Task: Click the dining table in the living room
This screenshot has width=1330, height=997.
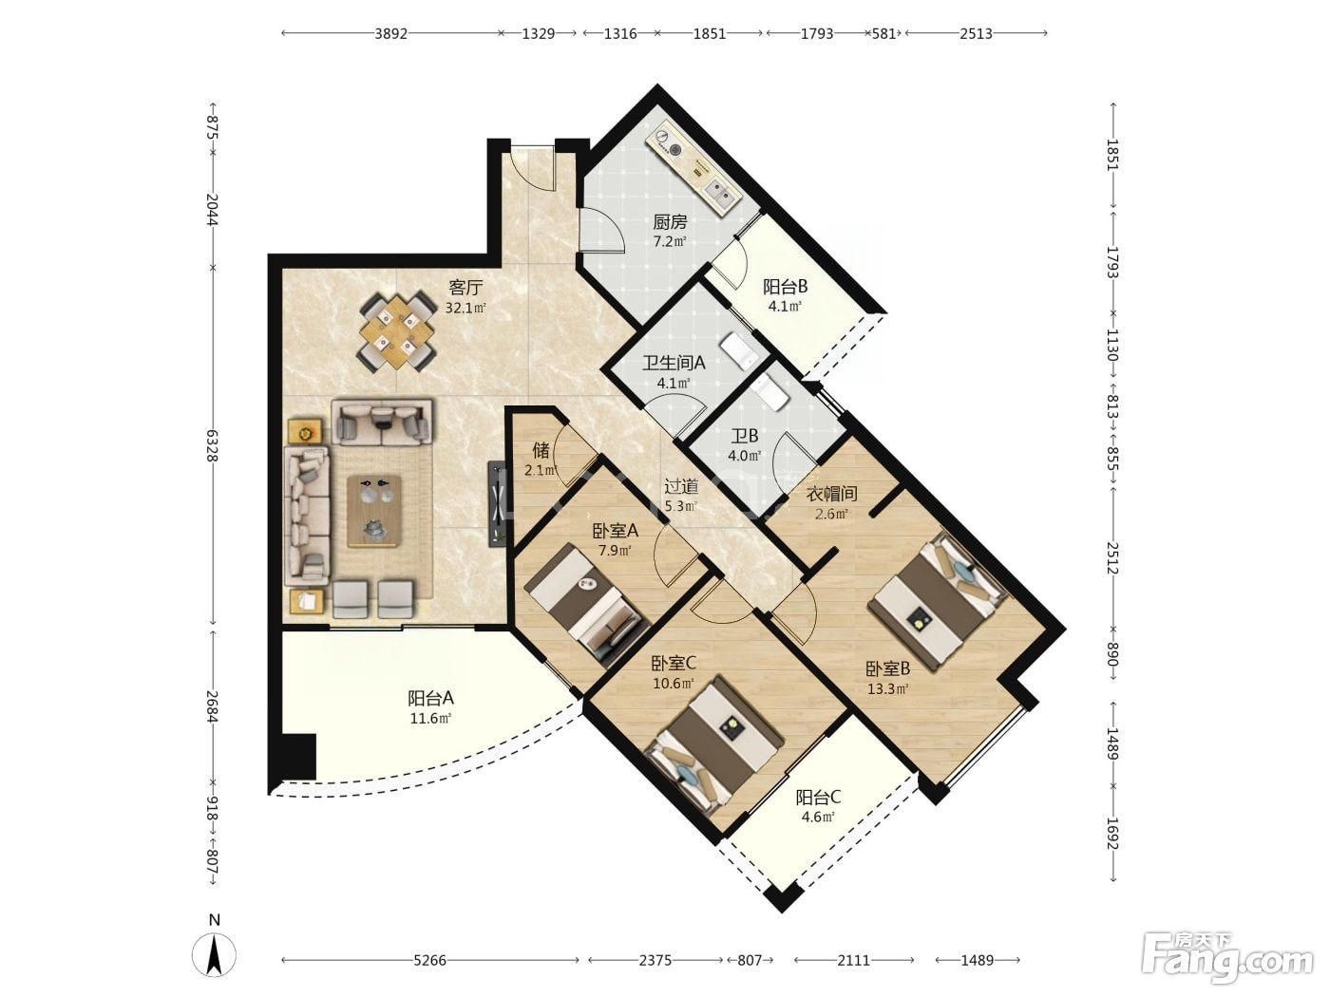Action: (x=397, y=331)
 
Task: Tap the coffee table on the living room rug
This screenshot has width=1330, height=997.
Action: (x=374, y=512)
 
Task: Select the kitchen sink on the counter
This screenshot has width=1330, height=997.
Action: (x=722, y=193)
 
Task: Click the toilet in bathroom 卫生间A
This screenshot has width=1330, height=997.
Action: (x=738, y=352)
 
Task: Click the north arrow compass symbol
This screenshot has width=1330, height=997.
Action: (x=214, y=954)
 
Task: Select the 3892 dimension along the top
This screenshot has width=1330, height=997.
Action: (x=390, y=34)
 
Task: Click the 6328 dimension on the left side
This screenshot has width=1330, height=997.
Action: (x=212, y=446)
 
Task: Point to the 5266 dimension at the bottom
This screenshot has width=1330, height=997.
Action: (x=429, y=960)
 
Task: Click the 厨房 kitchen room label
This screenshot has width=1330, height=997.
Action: (x=670, y=222)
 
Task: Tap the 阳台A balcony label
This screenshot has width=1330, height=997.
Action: (x=430, y=698)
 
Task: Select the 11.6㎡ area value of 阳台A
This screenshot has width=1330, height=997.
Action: (x=430, y=719)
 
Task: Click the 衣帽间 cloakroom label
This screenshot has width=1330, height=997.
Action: (x=831, y=494)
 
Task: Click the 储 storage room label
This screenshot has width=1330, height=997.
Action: (x=541, y=450)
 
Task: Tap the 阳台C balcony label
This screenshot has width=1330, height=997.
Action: (x=818, y=796)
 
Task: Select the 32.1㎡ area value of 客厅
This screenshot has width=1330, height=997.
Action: (x=465, y=308)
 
